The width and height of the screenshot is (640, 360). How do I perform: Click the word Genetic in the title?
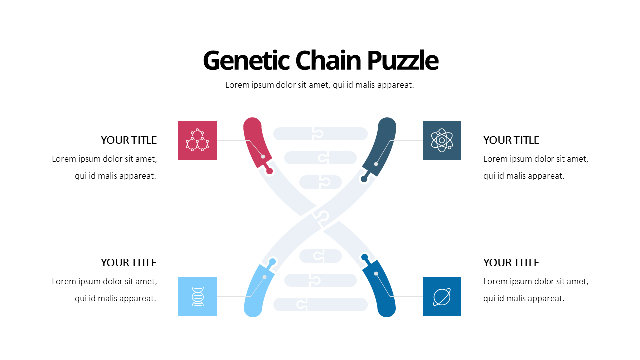(x=246, y=61)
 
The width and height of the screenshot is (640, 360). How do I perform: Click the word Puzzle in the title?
(x=403, y=61)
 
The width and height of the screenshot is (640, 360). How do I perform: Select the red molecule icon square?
(x=197, y=140)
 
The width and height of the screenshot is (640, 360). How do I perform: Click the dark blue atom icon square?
(x=442, y=140)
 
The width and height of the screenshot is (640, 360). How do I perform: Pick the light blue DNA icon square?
(x=197, y=296)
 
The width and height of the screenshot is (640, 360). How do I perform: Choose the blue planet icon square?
(x=442, y=296)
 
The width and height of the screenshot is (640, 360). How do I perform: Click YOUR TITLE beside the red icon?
(x=129, y=140)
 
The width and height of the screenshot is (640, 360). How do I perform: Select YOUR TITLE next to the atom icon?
(x=511, y=140)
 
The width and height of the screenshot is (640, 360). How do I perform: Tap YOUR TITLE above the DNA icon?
(x=129, y=263)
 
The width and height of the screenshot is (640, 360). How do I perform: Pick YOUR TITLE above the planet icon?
(x=511, y=263)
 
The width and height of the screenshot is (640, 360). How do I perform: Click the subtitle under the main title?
(x=320, y=85)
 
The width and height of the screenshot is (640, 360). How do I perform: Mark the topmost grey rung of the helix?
(x=320, y=134)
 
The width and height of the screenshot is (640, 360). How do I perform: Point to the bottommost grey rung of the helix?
(x=320, y=304)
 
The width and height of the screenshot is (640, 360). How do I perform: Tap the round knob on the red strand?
(x=269, y=171)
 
